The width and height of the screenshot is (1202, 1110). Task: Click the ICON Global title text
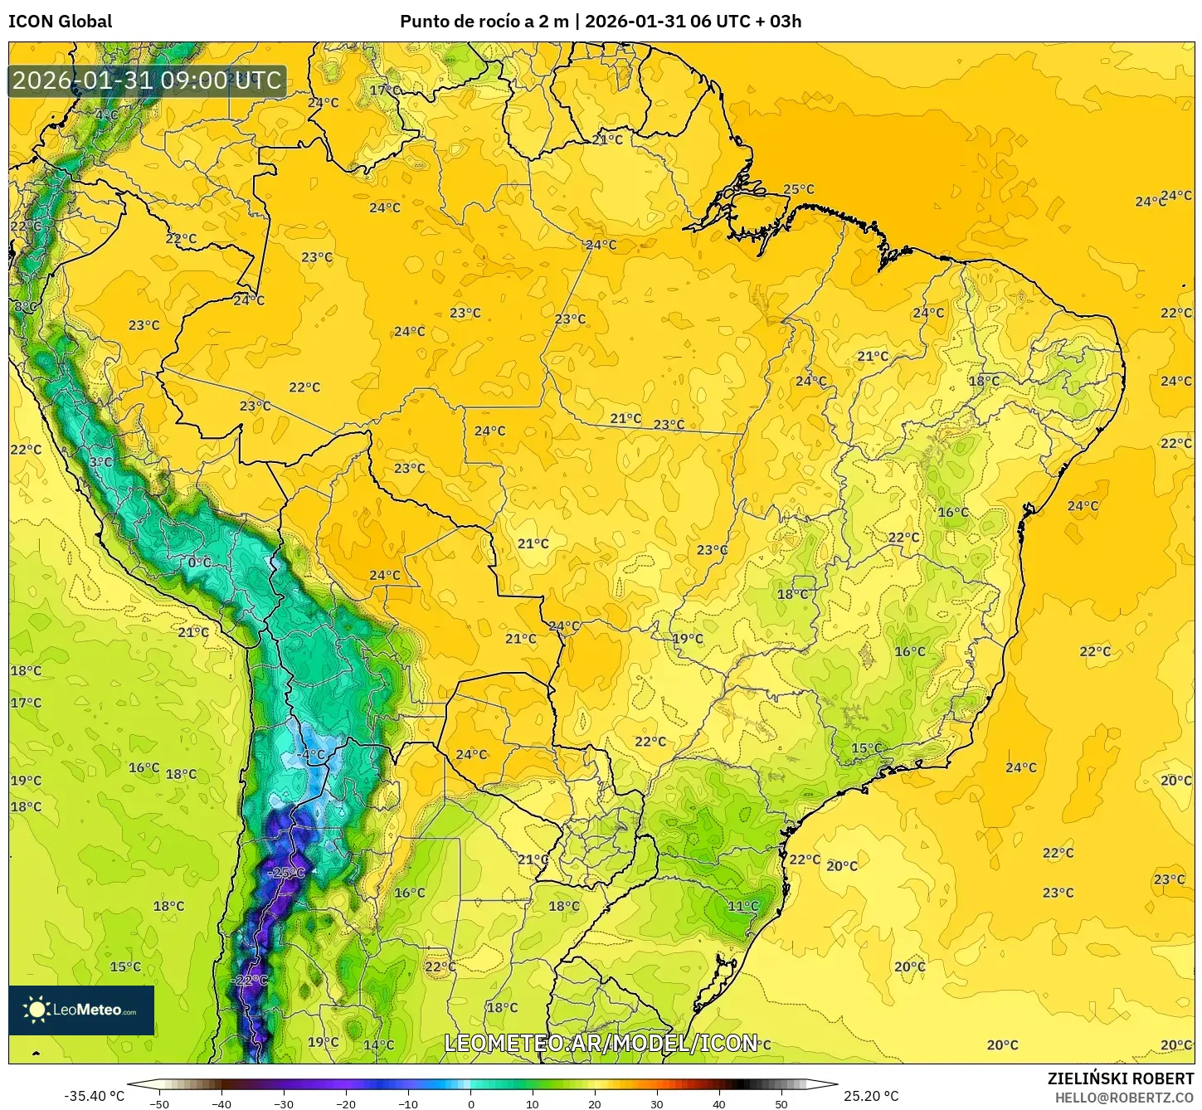coord(60,22)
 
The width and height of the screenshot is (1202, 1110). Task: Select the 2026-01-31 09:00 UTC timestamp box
coord(147,80)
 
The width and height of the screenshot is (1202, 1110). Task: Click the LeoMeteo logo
coord(81,1010)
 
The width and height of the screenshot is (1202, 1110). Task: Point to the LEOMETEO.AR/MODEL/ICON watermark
coord(601,1043)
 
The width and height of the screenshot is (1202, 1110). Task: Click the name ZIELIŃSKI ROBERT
coord(1120,1078)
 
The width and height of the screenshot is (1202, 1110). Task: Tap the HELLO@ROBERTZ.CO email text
coord(1124,1098)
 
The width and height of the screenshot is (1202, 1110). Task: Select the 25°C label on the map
coord(799,189)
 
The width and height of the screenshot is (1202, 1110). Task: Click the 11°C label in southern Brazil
coord(743,906)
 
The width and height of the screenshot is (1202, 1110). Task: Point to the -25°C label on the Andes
coord(287,873)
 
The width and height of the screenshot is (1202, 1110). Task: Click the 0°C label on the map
coord(199,562)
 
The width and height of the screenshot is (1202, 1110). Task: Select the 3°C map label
coord(100,462)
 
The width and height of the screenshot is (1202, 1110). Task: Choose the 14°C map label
coord(378,1044)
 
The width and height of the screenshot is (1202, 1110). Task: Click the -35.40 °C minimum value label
coord(94,1096)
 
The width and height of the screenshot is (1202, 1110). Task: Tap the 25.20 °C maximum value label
coord(871,1096)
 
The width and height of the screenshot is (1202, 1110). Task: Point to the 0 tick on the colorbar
coord(470,1103)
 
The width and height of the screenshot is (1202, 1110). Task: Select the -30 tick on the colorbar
coord(284,1103)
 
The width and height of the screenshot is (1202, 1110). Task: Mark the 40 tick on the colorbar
coord(718,1103)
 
